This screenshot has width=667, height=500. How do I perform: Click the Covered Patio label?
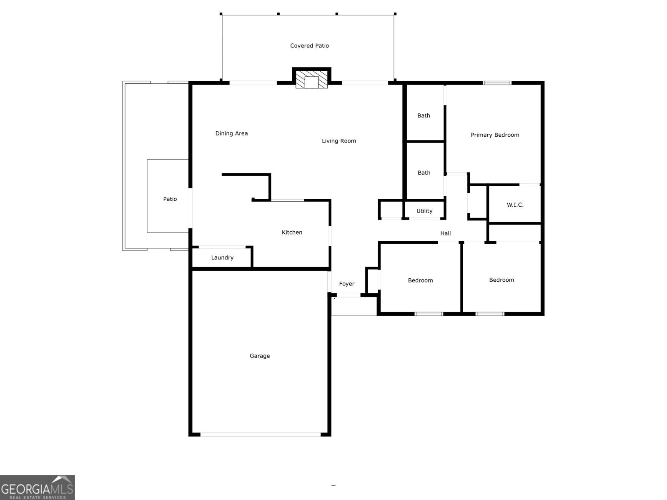pyautogui.click(x=309, y=46)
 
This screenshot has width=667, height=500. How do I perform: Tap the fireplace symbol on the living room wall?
pyautogui.click(x=311, y=79)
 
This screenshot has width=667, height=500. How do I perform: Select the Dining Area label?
pyautogui.click(x=231, y=133)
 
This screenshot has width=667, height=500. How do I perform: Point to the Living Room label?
pyautogui.click(x=339, y=141)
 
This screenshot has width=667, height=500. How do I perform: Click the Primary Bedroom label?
pyautogui.click(x=495, y=135)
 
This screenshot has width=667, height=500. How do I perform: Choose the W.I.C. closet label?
pyautogui.click(x=515, y=205)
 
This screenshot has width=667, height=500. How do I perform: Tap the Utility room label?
pyautogui.click(x=424, y=211)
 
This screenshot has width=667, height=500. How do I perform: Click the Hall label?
pyautogui.click(x=446, y=233)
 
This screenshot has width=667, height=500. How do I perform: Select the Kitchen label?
pyautogui.click(x=292, y=232)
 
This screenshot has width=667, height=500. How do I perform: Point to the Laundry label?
pyautogui.click(x=222, y=257)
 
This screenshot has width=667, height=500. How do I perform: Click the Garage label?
pyautogui.click(x=260, y=356)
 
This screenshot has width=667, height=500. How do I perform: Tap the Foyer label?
pyautogui.click(x=346, y=284)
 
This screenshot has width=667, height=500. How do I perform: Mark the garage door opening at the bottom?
pyautogui.click(x=261, y=434)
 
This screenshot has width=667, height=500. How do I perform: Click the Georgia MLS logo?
pyautogui.click(x=38, y=487)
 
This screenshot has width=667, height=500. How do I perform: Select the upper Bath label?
pyautogui.click(x=424, y=115)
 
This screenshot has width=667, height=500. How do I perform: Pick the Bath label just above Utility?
pyautogui.click(x=424, y=172)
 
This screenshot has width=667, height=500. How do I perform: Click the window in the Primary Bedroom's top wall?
pyautogui.click(x=497, y=83)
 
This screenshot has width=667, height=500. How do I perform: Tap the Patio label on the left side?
pyautogui.click(x=170, y=199)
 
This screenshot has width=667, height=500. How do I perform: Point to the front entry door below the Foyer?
pyautogui.click(x=349, y=295)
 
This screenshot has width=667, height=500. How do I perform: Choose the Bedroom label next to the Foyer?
pyautogui.click(x=420, y=280)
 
